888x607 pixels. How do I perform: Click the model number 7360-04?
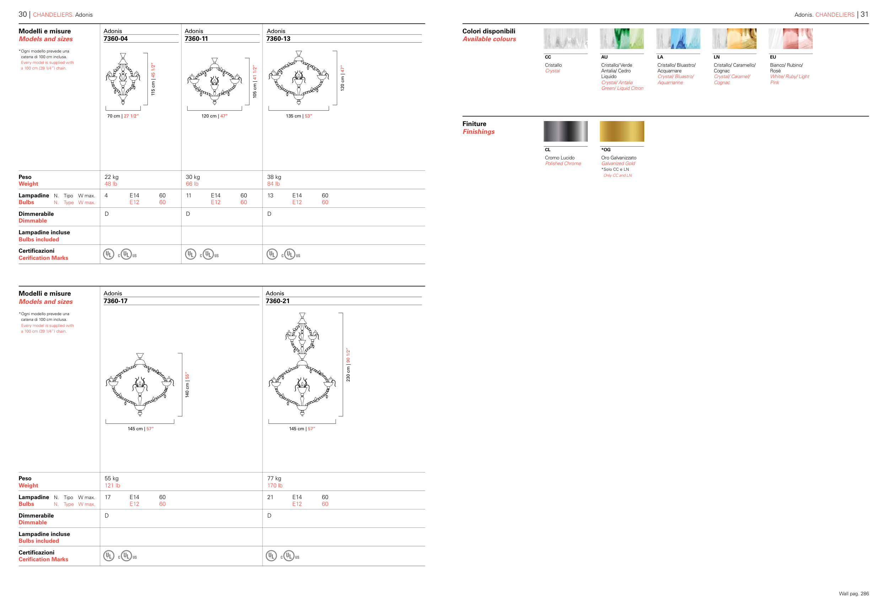[x=115, y=39]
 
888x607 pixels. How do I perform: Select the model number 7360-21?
[x=278, y=301]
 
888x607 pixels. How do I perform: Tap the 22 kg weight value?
[x=112, y=177]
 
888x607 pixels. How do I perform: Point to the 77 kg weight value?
[x=274, y=479]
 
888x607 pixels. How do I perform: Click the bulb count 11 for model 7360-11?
[x=188, y=196]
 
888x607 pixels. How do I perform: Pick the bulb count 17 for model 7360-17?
[x=108, y=497]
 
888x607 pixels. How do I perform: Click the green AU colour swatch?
[x=622, y=39]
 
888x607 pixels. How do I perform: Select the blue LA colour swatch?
[x=678, y=39]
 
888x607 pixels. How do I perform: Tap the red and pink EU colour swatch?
[x=791, y=39]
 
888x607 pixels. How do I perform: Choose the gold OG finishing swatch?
[x=622, y=131]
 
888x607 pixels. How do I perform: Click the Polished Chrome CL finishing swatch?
[x=565, y=131]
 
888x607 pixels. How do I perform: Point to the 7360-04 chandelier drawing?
[x=123, y=79]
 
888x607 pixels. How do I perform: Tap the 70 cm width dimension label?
[x=123, y=116]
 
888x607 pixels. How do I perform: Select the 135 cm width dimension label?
[x=299, y=116]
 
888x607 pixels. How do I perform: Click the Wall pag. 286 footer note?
[x=854, y=594]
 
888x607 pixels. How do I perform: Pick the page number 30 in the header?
[x=22, y=14]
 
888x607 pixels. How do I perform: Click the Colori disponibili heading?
[x=489, y=31]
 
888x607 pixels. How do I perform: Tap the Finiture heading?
[x=474, y=124]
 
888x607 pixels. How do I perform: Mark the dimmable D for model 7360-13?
[x=269, y=214]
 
